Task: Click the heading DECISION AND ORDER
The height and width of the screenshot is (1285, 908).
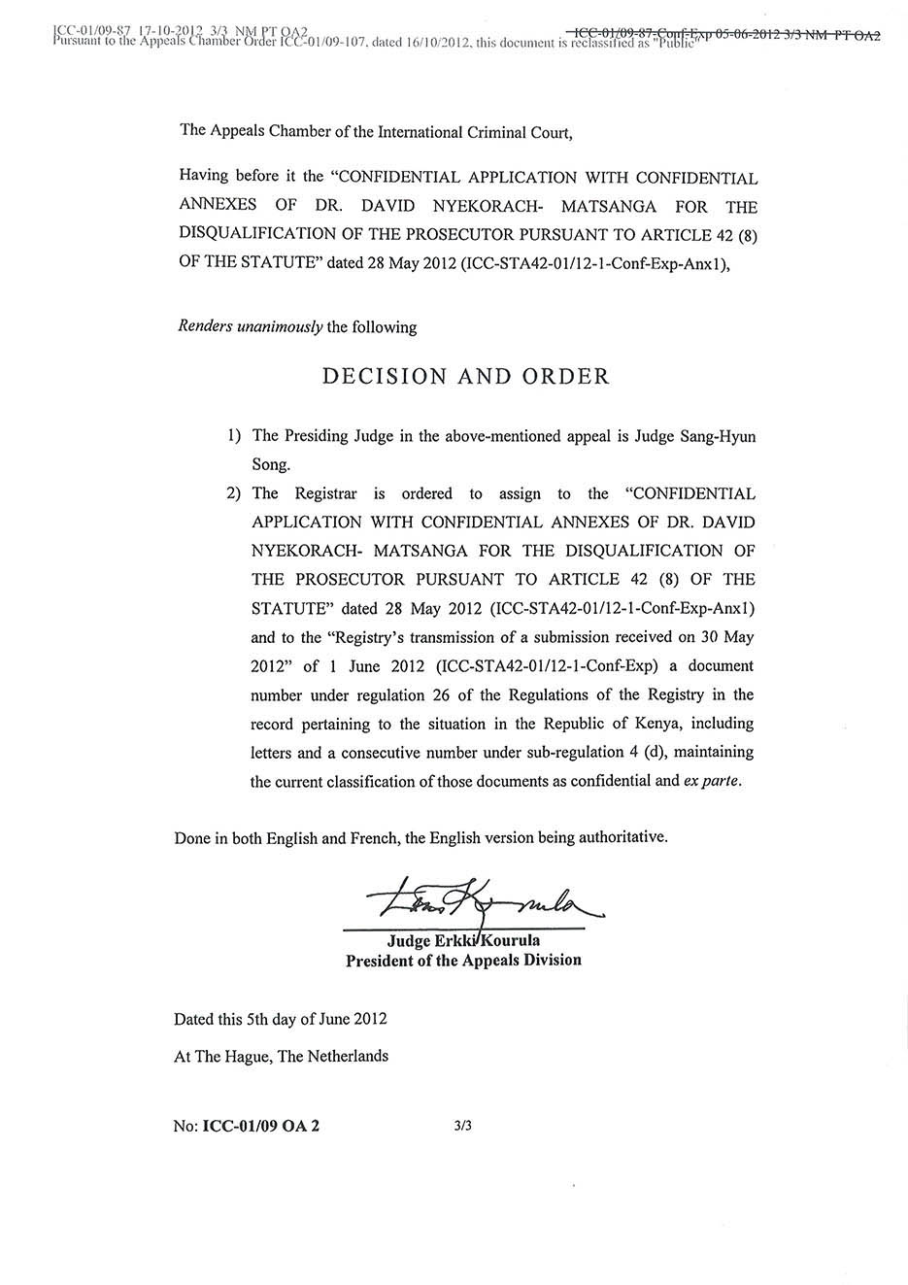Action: pos(465,377)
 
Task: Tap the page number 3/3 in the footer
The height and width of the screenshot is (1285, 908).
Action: pos(462,1127)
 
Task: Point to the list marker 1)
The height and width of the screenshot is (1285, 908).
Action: pos(234,436)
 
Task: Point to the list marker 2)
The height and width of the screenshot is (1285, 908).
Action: pos(234,493)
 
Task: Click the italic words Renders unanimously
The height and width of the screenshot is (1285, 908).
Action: pos(251,326)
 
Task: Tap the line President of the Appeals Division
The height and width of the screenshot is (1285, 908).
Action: pos(463,960)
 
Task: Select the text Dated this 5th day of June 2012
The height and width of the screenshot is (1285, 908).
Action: pos(281,1019)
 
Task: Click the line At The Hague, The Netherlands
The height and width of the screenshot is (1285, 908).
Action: pos(281,1056)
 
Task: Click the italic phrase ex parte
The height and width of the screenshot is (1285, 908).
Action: pos(713,781)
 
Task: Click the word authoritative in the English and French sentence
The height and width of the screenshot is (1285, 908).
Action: pos(622,836)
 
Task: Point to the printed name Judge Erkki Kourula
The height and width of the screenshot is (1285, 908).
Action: pos(463,940)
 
